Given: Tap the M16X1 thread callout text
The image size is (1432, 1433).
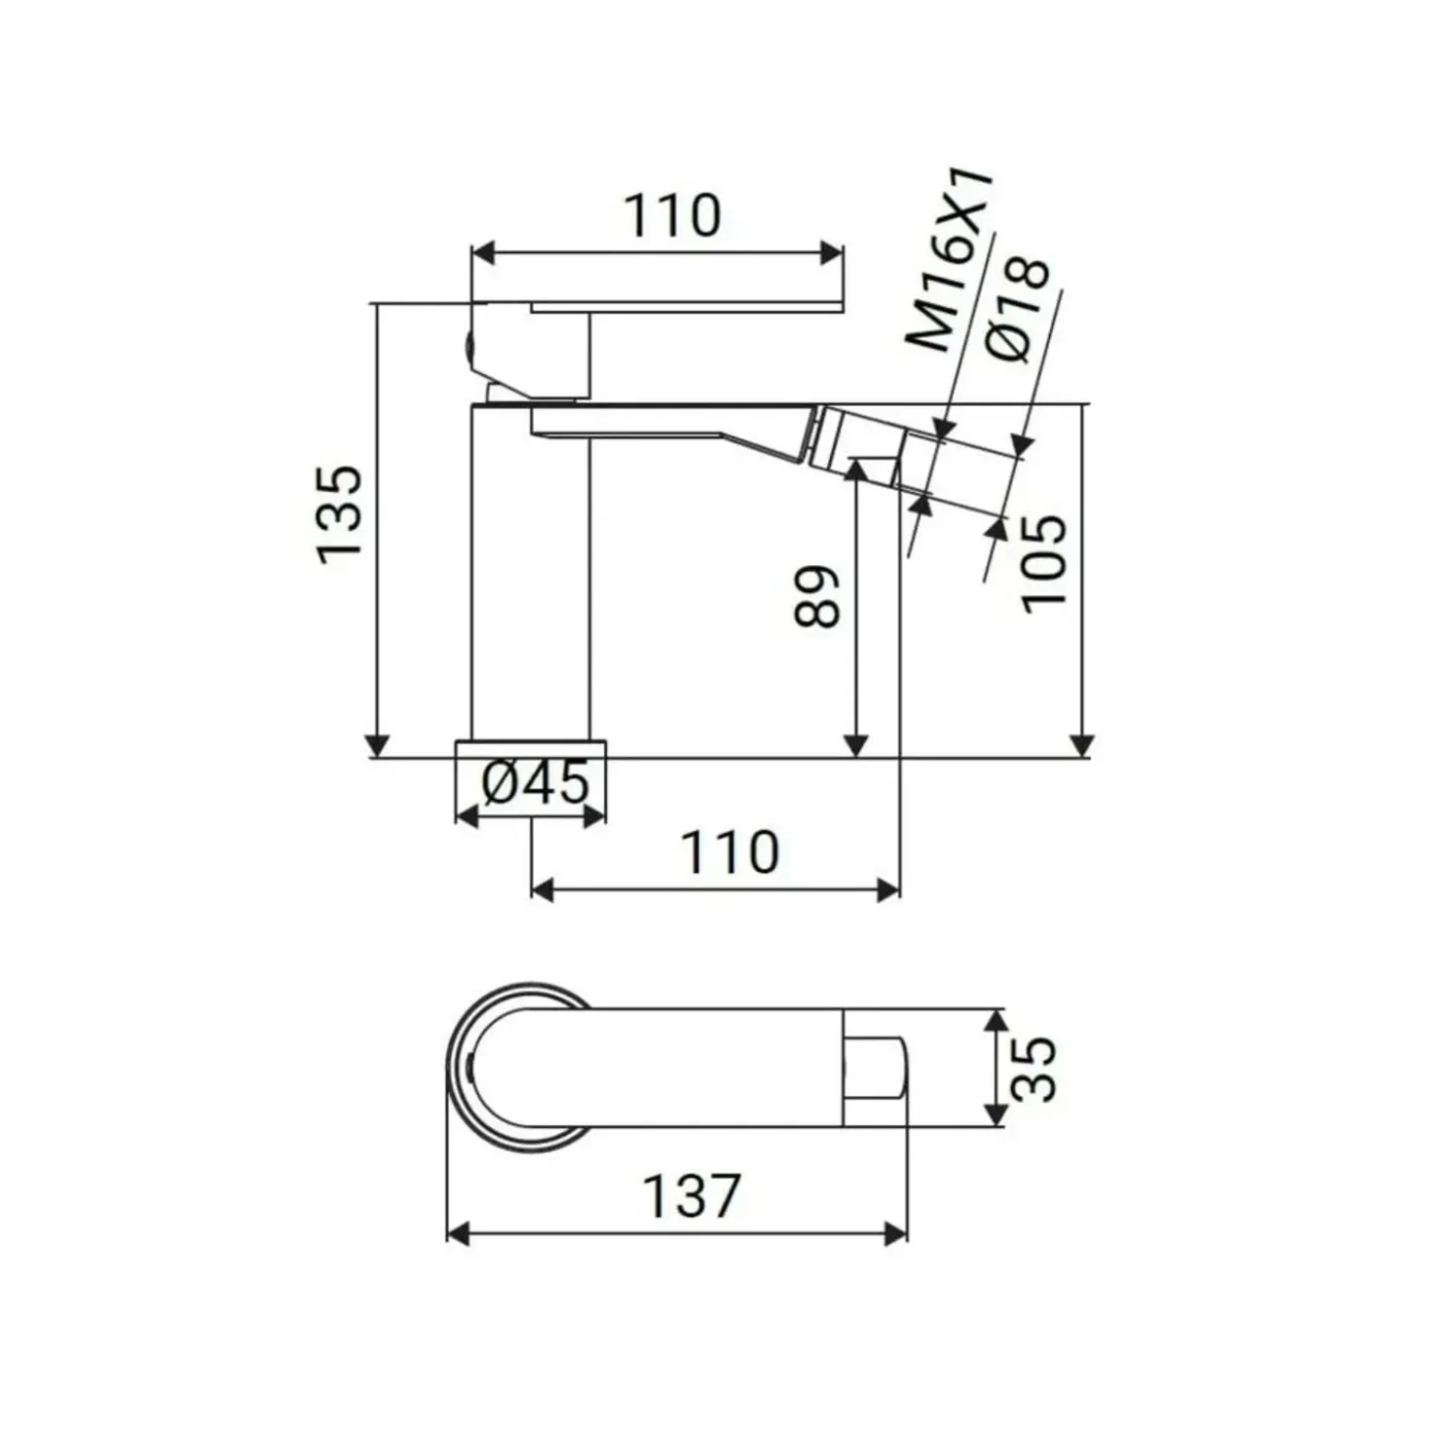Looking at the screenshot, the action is pyautogui.click(x=949, y=260).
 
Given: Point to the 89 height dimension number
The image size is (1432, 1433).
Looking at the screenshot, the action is pyautogui.click(x=816, y=596).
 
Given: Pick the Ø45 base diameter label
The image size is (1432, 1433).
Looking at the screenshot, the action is pyautogui.click(x=535, y=781).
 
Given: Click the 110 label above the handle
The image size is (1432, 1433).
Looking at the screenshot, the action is pyautogui.click(x=672, y=215).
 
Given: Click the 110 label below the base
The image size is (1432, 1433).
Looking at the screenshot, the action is pyautogui.click(x=731, y=852).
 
